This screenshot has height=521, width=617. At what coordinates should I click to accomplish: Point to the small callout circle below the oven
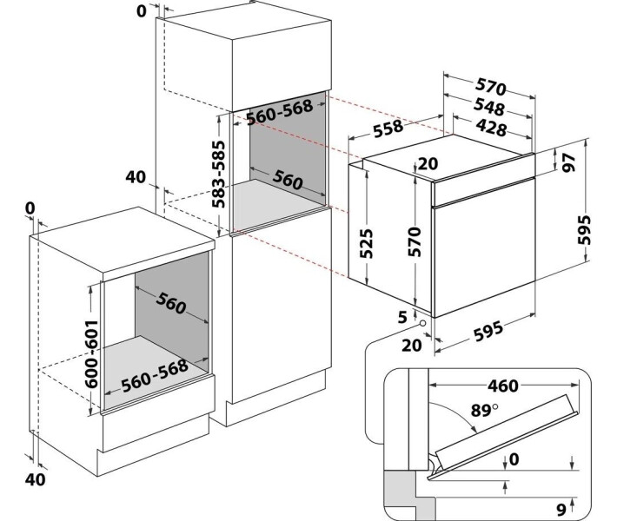422,326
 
